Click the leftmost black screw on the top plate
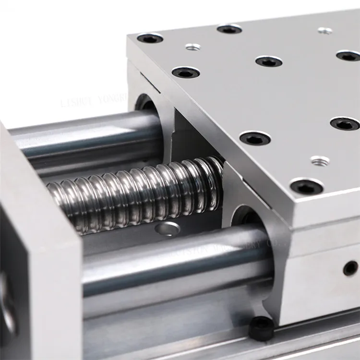(150, 38)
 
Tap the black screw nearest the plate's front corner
(306, 186)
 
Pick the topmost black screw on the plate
(229, 29)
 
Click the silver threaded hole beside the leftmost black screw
(192, 47)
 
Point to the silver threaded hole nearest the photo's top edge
(325, 31)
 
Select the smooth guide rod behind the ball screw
(86, 139)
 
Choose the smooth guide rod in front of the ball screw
(173, 269)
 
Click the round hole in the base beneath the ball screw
(168, 229)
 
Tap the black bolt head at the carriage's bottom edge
(262, 329)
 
